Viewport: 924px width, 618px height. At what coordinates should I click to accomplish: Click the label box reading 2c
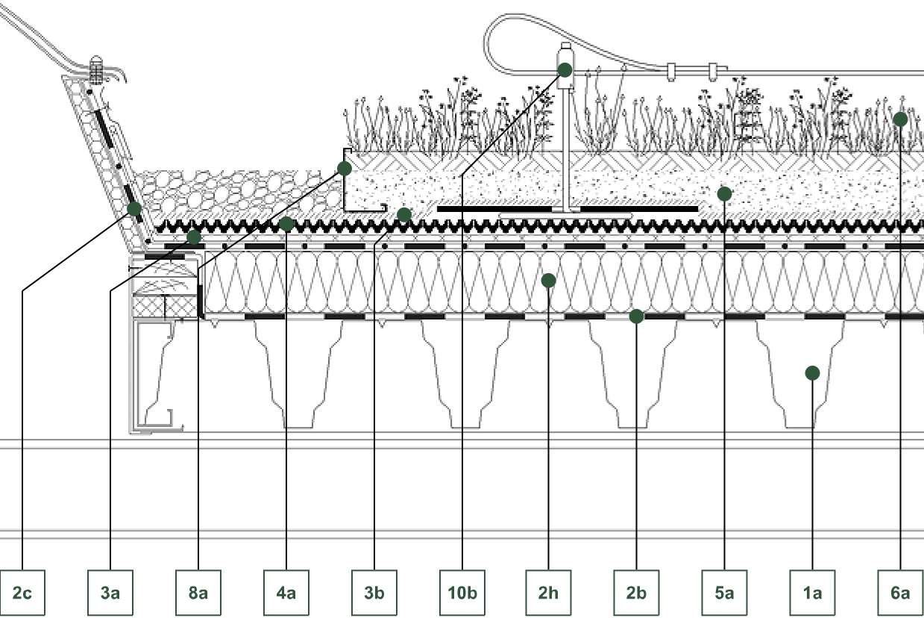coord(22,593)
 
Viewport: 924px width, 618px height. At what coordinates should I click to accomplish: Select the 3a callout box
coord(110,593)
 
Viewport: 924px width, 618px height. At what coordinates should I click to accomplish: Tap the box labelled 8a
coord(198,593)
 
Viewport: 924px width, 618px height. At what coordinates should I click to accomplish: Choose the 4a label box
coord(286,593)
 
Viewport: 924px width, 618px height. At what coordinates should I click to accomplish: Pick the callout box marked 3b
coord(374,593)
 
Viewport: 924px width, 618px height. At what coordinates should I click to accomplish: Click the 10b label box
coord(462,593)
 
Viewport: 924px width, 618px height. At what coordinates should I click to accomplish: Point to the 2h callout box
coord(548,593)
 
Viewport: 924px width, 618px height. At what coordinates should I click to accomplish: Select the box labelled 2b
coord(636,593)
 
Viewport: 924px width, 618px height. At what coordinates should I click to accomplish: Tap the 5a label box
coord(724,593)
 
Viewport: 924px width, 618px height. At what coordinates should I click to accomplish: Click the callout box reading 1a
coord(812,593)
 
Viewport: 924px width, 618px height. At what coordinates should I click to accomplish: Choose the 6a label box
coord(900,593)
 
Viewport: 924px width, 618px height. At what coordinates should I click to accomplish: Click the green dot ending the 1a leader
coord(812,373)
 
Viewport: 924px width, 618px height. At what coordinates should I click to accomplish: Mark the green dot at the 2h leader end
coord(548,281)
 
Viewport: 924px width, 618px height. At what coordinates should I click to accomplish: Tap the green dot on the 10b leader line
coord(565,70)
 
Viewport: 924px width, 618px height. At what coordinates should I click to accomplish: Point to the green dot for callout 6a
coord(900,119)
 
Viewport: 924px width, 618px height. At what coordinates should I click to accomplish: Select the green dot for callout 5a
coord(724,194)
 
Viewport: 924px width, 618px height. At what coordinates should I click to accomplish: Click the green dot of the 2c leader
coord(134,209)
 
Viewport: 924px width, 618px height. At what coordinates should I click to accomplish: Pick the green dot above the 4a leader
coord(286,224)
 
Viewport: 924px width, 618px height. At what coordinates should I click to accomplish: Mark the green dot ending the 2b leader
coord(636,316)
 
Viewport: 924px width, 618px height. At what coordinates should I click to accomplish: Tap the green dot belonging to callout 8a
coord(345,169)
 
